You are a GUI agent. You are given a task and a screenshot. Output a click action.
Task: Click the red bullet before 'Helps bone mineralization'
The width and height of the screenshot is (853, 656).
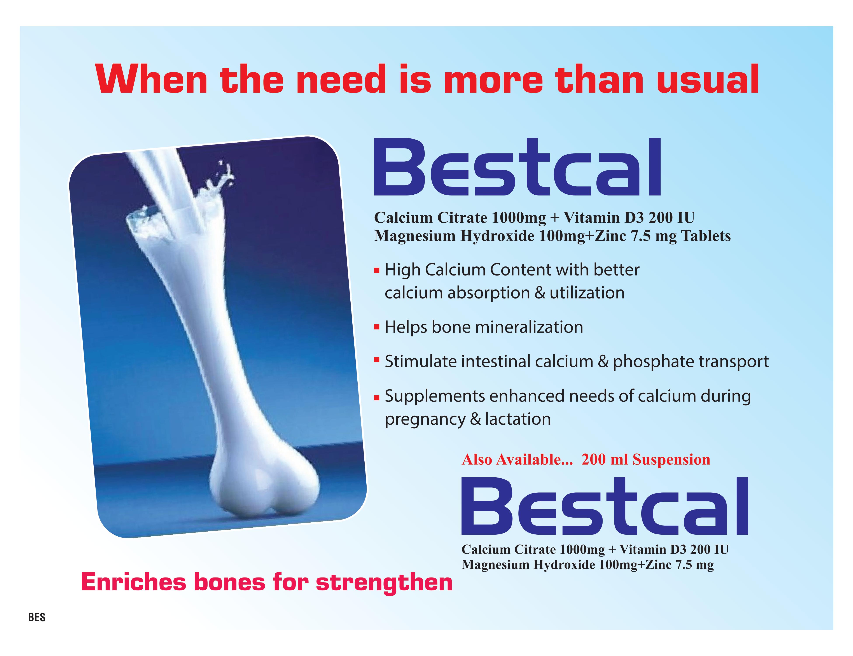click(376, 327)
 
